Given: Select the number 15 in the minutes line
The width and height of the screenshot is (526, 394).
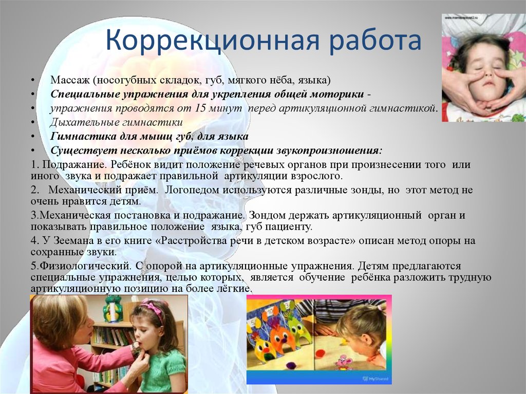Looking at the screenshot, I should [202, 109].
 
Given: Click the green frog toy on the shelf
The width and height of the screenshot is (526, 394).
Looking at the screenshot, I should [112, 309].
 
